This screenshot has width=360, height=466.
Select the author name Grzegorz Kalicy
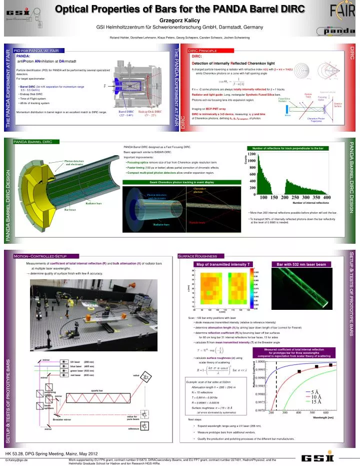(179, 20)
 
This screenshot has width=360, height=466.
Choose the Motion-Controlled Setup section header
(47, 256)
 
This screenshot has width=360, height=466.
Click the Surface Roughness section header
(198, 256)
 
